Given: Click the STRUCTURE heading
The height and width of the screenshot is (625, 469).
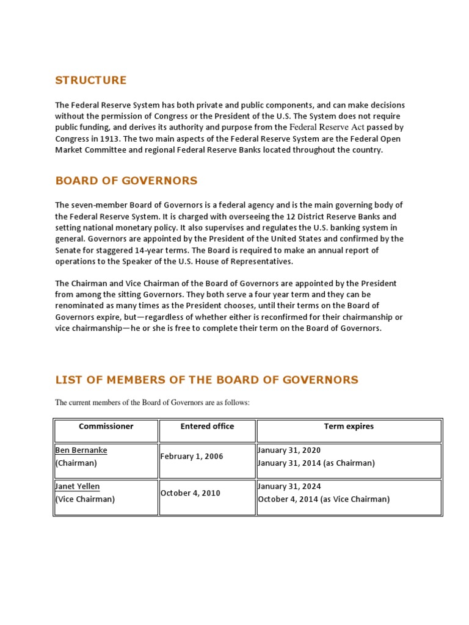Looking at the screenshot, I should coord(91,80).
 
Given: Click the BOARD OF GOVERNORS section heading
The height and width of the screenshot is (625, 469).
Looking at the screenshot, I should coord(126,181).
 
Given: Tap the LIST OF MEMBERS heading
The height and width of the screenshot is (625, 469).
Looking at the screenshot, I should coord(206,380).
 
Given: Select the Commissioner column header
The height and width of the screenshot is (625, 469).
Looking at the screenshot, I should coord(106,427).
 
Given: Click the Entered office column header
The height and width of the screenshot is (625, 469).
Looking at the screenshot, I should coord(207,427).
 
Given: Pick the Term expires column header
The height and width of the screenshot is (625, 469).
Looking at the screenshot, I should coord(349,427).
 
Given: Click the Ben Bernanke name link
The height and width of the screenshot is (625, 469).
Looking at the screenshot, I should coord(81,450).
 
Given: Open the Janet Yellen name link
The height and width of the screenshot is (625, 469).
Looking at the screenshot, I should coord(78,486).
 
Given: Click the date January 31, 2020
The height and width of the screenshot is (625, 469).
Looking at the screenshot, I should coord(289,450).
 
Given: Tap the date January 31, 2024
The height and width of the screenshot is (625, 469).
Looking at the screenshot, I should coord(289,486).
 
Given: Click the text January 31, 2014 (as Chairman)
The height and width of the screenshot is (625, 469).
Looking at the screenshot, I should coord(316,463).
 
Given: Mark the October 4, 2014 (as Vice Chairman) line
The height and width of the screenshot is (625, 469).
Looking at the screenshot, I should coord(324,499).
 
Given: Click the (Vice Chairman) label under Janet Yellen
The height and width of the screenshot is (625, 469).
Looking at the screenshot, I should coord(85,499).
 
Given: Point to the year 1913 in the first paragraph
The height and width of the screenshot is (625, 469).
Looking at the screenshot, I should coord(104,139).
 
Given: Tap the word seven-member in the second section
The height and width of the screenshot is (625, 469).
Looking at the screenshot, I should coord(98,205).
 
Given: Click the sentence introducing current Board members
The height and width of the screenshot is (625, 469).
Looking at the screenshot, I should coord(153,403).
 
